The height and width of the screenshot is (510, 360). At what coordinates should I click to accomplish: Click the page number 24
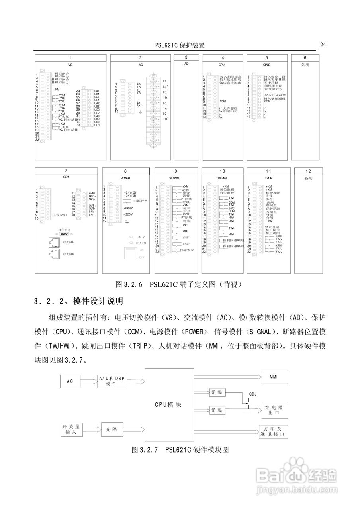pos(323,44)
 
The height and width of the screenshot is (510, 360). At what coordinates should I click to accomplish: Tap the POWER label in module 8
pos(125,178)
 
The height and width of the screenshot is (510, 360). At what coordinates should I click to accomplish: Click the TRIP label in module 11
pos(268,178)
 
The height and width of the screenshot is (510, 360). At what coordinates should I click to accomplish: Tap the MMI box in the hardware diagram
pos(274,377)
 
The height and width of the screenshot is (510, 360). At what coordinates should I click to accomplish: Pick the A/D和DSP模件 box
pos(111,381)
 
